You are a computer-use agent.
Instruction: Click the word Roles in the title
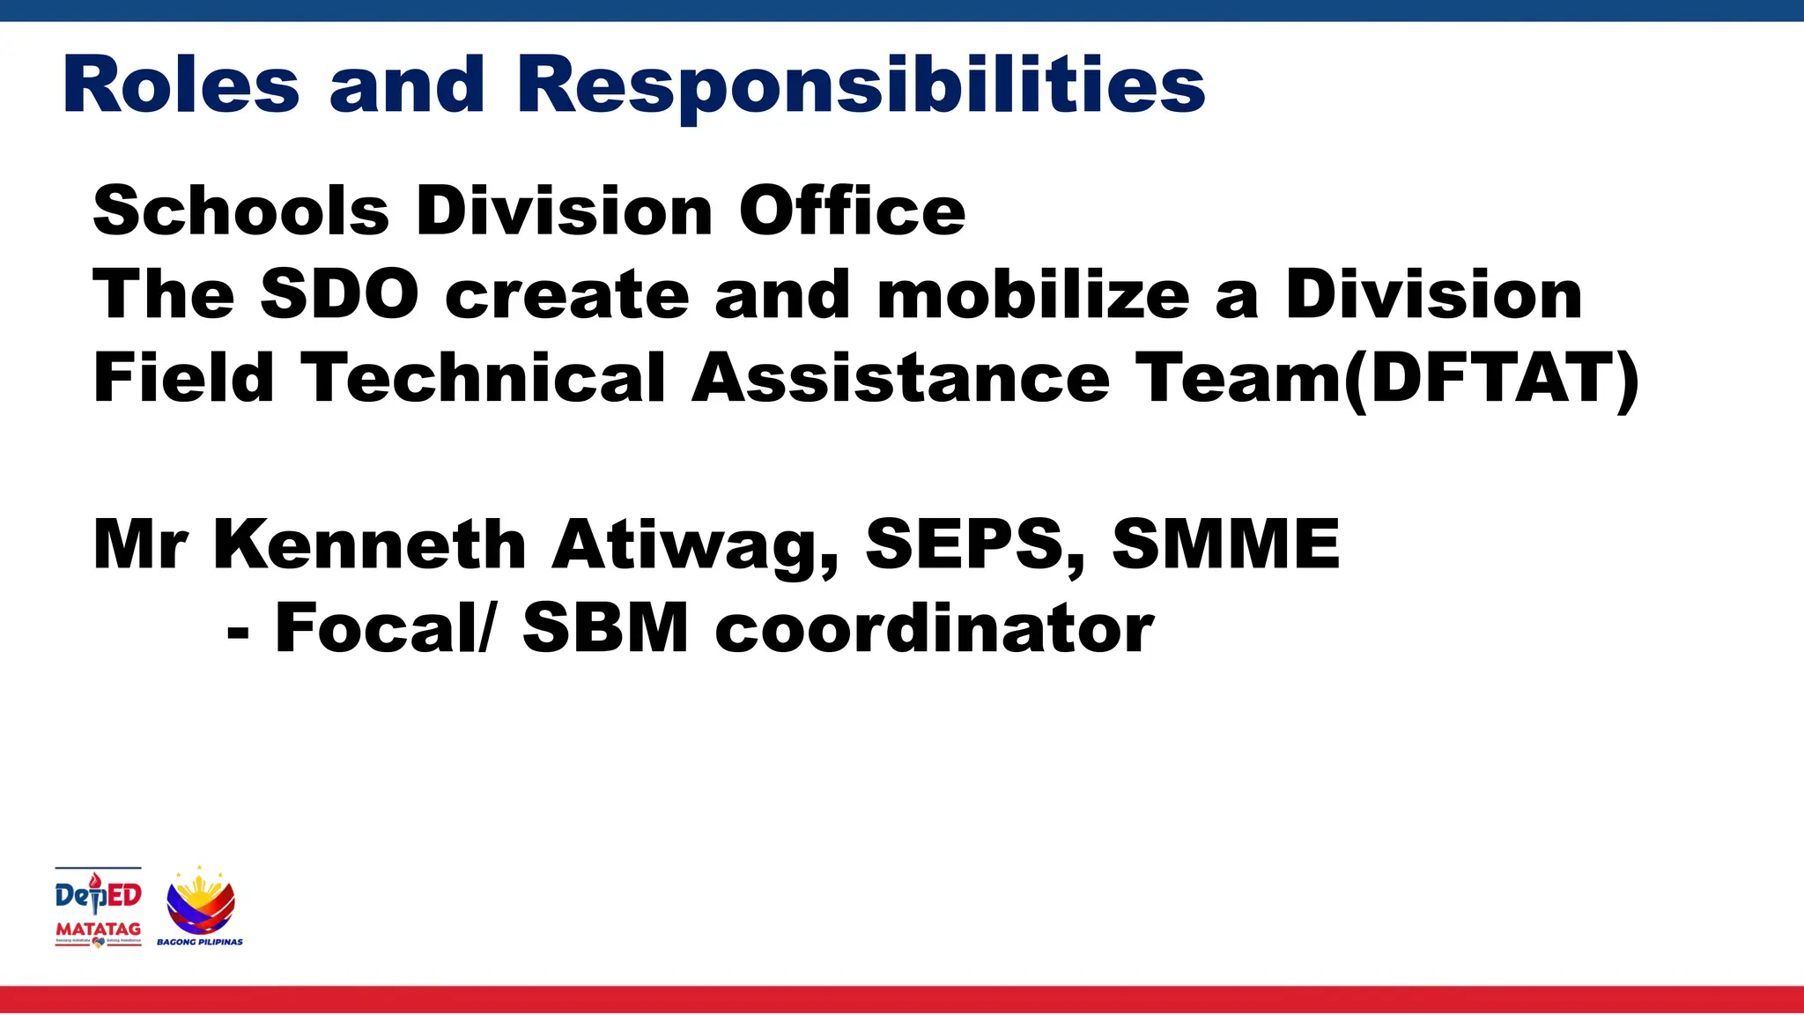click(181, 85)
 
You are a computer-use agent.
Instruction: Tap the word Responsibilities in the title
click(861, 86)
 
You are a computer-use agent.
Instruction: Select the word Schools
click(240, 211)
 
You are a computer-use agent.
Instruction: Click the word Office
click(852, 211)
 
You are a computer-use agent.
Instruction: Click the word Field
click(183, 377)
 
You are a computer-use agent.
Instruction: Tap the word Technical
click(483, 377)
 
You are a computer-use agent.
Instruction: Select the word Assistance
click(900, 377)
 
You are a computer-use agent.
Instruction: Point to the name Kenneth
click(369, 544)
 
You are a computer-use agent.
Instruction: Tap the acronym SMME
click(1225, 544)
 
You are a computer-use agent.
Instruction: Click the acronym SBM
click(605, 627)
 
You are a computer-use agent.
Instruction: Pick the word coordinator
click(934, 627)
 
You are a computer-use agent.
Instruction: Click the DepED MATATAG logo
click(98, 907)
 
